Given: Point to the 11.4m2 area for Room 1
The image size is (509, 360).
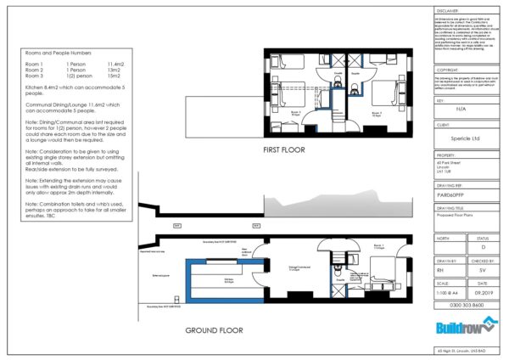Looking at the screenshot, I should pos(115,65).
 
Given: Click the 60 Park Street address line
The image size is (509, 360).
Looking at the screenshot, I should pos(449,161).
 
